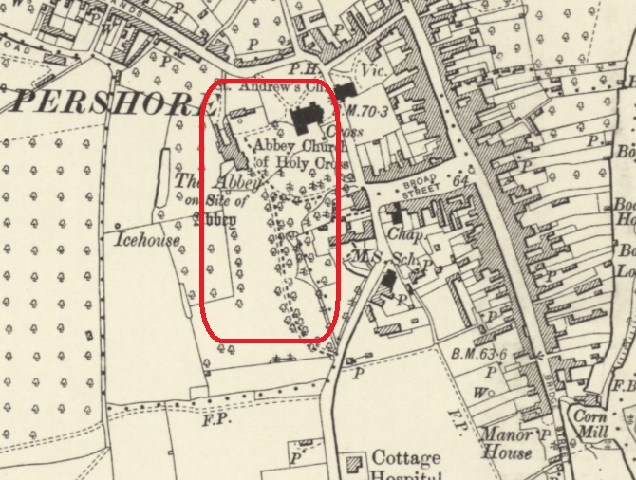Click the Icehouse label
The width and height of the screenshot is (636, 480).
point(147,241)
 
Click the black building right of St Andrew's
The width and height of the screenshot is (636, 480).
point(343,89)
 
